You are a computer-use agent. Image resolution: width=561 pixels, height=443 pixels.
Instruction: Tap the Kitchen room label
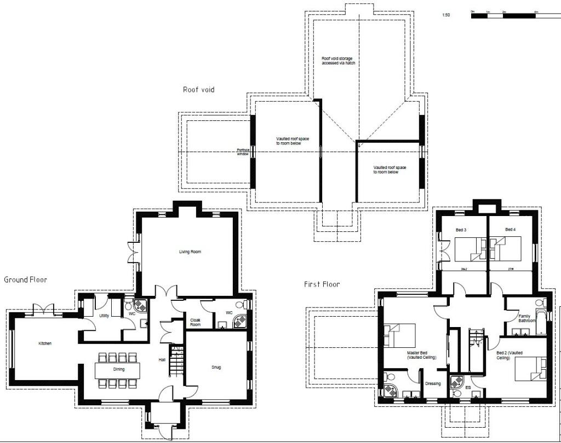tap(45, 343)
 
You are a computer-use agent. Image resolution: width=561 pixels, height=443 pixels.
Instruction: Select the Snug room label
tap(216, 367)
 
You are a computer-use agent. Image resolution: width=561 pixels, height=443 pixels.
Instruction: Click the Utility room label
tap(104, 316)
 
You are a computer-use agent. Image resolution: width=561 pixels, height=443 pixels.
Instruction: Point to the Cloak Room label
tap(196, 323)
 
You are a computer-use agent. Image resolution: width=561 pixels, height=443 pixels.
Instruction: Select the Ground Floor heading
tap(26, 280)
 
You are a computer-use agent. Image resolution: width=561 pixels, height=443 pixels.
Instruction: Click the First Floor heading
tap(322, 284)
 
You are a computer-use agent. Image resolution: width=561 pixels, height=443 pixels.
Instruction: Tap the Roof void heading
tap(198, 89)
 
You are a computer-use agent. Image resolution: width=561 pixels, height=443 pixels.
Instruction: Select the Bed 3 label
tap(461, 230)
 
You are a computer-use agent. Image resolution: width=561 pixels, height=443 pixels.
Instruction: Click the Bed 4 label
tap(510, 230)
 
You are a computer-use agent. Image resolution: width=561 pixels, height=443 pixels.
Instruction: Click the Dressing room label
tap(433, 383)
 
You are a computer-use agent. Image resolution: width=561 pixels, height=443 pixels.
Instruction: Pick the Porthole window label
tap(243, 152)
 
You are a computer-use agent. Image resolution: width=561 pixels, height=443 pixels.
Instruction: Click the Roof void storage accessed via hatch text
tap(338, 60)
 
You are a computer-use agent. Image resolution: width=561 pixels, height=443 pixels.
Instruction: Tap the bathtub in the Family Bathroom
tap(540, 323)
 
